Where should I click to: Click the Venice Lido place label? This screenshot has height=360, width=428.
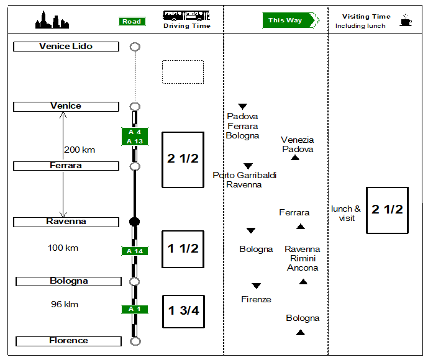tap(66, 47)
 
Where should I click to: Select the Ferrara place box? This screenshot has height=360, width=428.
tap(66, 166)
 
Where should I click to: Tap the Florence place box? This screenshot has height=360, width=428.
tap(68, 341)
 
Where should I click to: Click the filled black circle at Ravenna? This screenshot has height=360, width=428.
tap(134, 222)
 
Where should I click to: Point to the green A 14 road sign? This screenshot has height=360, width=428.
tap(135, 251)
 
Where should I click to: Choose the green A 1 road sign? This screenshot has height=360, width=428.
tap(135, 309)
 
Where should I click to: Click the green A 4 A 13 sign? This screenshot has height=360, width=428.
tap(135, 137)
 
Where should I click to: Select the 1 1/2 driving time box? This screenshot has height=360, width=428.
tap(183, 249)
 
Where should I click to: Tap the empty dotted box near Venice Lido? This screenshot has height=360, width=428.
tap(183, 72)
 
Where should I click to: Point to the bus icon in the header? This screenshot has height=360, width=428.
tap(186, 16)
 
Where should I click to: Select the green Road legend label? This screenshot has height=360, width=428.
tap(132, 22)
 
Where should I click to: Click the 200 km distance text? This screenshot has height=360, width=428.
tap(80, 150)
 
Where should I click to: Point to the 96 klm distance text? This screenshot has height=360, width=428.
tap(65, 305)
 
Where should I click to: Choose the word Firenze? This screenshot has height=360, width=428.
tap(256, 299)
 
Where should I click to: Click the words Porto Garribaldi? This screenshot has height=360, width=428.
tap(244, 175)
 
